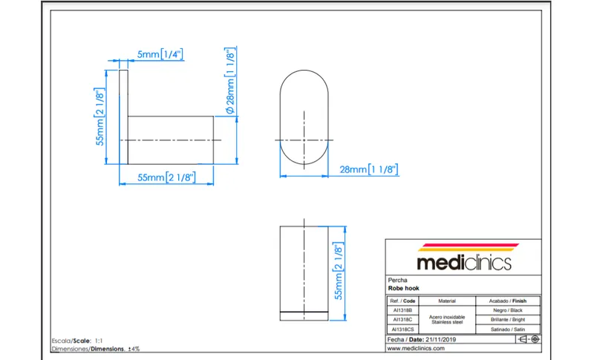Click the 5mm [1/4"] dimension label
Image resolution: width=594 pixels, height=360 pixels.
pyautogui.click(x=160, y=54)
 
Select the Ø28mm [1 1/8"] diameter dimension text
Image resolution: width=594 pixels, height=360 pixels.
pyautogui.click(x=230, y=81)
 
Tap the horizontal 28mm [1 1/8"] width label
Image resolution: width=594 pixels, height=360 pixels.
pyautogui.click(x=368, y=169)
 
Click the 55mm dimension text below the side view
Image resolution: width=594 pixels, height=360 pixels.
pyautogui.click(x=166, y=177)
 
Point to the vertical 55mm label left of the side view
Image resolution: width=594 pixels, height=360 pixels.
pyautogui.click(x=99, y=117)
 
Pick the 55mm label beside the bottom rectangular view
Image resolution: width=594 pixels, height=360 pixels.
pyautogui.click(x=338, y=271)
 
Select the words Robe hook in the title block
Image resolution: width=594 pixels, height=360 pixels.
pyautogui.click(x=403, y=289)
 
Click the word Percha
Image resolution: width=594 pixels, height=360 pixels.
pyautogui.click(x=397, y=280)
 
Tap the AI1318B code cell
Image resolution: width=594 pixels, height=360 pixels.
pyautogui.click(x=402, y=310)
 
